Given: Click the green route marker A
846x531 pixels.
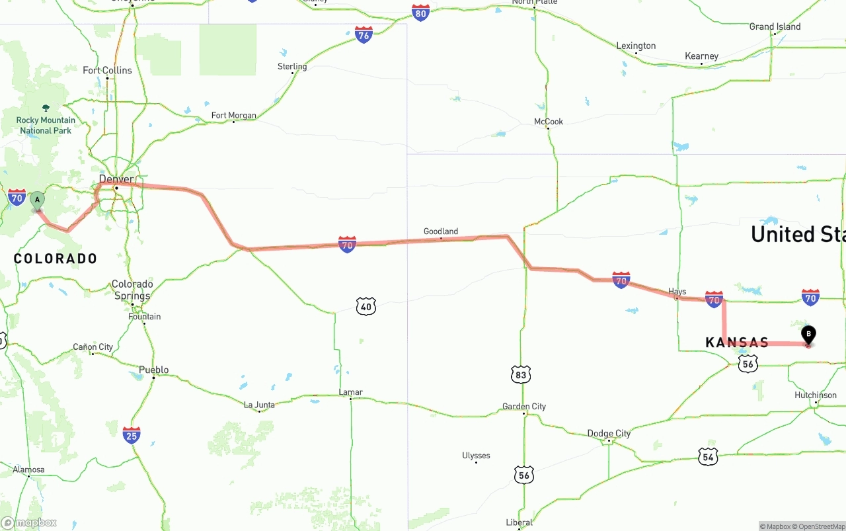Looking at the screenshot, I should pos(37,200).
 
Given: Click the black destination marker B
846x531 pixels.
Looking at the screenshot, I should pos(808,335).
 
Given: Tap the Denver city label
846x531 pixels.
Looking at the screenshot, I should pos(116,179).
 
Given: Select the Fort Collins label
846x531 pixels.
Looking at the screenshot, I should pos(107,70).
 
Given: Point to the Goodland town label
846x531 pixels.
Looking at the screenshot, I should pos(441,231).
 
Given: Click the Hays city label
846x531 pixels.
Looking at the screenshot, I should pos(677,291).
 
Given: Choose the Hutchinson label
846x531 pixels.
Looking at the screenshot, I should pos(816,395).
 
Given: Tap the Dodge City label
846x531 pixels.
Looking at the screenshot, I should pos(609,433).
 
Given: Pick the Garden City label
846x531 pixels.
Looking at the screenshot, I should pos(524,406).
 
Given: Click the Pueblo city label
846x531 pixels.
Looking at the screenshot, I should pos(153,370).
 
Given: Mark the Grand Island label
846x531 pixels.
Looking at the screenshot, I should pos(775,26).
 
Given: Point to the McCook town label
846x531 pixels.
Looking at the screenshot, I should pos(549,122).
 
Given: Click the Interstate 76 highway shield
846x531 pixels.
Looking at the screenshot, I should pos(364,35).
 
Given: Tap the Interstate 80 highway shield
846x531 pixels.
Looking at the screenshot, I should pos(420,13).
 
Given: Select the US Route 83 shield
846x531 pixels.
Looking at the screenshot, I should pos(521,374).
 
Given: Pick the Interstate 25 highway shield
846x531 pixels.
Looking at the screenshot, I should pos(132,435).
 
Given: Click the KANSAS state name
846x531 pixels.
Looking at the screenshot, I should pos(737,343).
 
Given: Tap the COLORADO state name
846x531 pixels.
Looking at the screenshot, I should pos(56,259).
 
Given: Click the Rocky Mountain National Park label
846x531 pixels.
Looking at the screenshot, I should pos(46,125).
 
